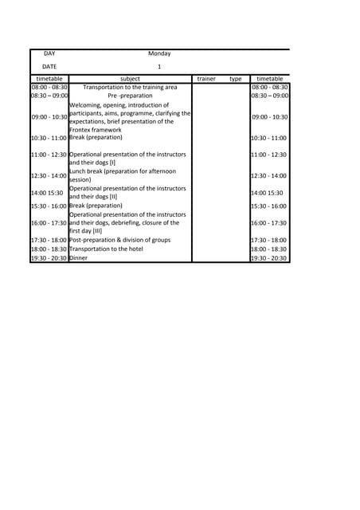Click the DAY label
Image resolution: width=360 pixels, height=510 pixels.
pos(49,53)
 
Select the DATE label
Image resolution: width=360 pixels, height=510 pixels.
pos(49,67)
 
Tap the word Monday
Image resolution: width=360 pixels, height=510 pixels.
pos(159,53)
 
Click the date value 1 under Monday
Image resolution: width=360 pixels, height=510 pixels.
pos(159,67)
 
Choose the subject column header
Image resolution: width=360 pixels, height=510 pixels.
pos(130,79)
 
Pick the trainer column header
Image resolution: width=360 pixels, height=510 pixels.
pos(206,79)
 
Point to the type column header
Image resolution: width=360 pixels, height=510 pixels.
pos(235,79)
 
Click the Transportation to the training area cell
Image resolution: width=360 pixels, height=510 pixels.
pos(130,88)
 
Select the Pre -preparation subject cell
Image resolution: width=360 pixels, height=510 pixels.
pos(130,96)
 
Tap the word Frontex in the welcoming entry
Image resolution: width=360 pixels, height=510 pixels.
pos(81,129)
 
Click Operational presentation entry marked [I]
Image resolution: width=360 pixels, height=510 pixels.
pos(127,158)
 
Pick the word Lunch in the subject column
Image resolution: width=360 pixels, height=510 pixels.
pos(79,171)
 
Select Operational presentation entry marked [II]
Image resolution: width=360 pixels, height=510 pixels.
pos(127,192)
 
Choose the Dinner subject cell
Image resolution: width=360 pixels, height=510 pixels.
pos(78,258)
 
